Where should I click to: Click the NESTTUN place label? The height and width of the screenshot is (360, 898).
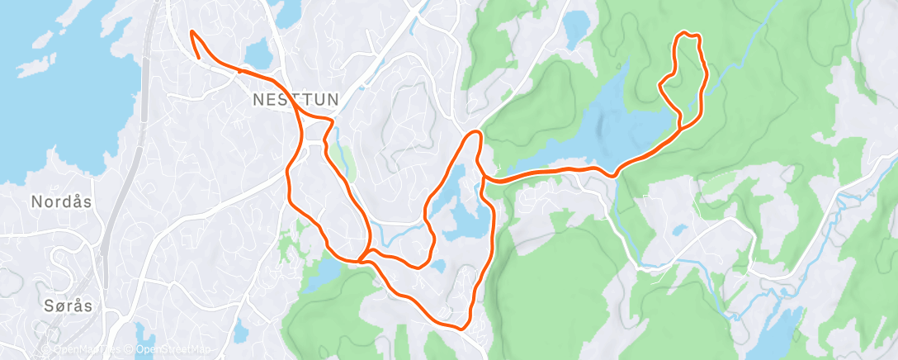295,99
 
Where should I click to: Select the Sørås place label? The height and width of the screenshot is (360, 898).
69,306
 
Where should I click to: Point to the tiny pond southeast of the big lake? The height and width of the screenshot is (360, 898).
678,230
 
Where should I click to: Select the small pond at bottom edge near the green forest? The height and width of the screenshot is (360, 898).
239,332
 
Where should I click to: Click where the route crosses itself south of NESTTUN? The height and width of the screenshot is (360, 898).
362,260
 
